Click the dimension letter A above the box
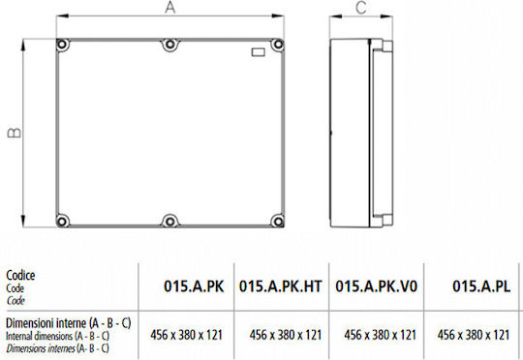[x=170, y=8]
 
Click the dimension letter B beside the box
[x=14, y=133]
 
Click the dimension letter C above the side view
[x=361, y=8]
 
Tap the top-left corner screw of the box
[x=62, y=45]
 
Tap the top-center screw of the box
[x=170, y=45]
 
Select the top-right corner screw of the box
[x=278, y=45]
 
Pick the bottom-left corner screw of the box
[x=62, y=221]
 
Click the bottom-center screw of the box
[x=170, y=221]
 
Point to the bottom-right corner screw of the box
[x=278, y=221]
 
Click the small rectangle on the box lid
[x=259, y=52]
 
